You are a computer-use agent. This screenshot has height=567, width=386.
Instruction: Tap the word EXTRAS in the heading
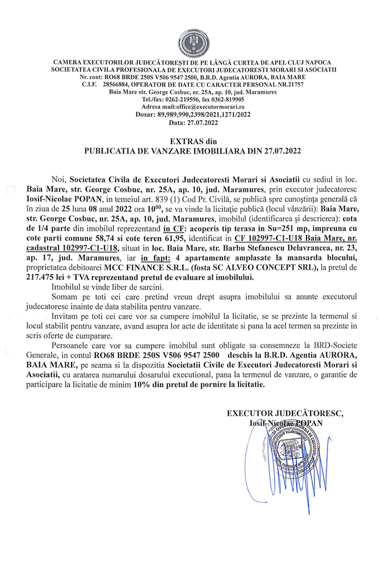(x=185, y=141)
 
